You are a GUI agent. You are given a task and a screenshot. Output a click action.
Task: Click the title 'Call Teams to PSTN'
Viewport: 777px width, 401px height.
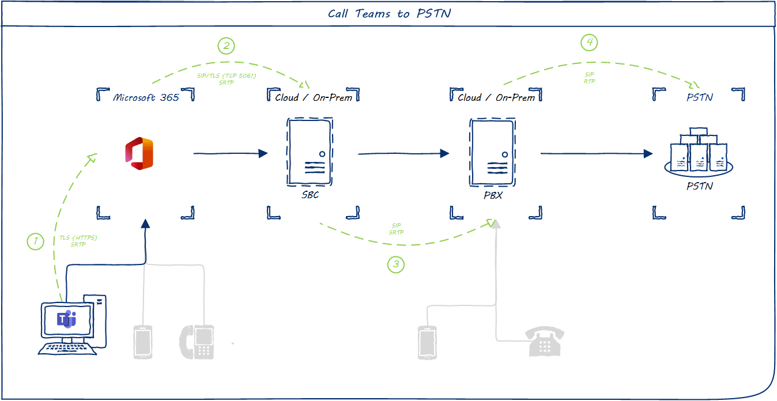[x=389, y=13]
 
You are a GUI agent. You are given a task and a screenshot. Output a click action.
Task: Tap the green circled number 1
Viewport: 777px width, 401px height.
[x=36, y=241]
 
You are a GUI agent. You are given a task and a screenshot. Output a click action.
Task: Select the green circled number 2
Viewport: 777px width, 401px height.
[x=226, y=46]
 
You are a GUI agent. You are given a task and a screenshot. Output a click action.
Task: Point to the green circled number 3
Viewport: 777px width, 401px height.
[x=395, y=264]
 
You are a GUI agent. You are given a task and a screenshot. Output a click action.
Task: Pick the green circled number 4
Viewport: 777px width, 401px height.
[x=589, y=42]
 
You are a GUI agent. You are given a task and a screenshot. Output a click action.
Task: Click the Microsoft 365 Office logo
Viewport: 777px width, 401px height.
[x=139, y=154]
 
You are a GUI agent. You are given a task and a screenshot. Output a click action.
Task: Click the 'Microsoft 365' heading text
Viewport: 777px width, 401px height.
[x=146, y=97]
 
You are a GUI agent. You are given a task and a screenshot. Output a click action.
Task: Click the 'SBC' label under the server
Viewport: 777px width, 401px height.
[x=310, y=195]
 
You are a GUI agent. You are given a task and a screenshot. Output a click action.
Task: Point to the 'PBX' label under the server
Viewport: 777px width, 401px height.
[x=493, y=196]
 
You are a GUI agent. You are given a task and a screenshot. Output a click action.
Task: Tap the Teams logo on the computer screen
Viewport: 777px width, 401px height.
[x=67, y=319]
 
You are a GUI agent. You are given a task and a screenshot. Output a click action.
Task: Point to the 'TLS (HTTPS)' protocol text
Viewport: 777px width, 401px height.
[x=78, y=238]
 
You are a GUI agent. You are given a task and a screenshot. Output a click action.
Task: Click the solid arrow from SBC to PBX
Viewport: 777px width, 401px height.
[x=403, y=153]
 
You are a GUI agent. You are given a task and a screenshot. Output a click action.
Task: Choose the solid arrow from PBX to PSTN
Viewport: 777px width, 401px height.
[x=596, y=153]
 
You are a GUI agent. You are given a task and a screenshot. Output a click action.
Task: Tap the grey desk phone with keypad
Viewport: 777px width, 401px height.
[x=197, y=342]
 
